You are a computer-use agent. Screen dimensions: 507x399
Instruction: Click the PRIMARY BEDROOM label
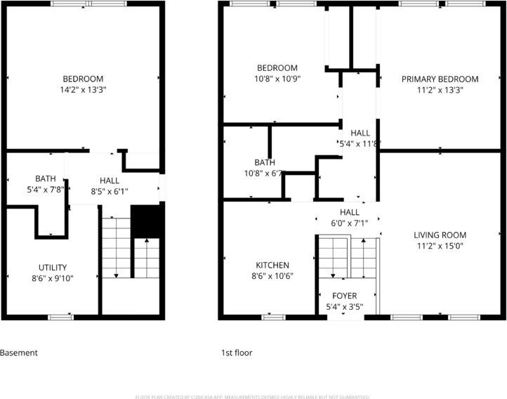[440, 79]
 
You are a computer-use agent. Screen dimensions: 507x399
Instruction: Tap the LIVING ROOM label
[440, 235]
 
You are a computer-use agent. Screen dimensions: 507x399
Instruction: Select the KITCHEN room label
[272, 265]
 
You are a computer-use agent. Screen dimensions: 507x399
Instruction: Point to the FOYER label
[345, 296]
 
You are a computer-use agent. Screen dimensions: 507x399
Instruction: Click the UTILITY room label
[53, 268]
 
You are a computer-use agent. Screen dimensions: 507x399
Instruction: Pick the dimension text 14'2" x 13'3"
[83, 90]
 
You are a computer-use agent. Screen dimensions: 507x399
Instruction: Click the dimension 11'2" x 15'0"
[440, 246]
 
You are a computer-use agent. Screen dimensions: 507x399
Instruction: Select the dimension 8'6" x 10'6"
[272, 276]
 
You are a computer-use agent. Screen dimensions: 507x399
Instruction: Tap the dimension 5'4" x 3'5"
[345, 306]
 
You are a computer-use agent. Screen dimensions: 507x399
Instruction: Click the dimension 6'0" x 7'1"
[350, 223]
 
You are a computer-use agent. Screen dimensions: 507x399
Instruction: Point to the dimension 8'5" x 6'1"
[110, 191]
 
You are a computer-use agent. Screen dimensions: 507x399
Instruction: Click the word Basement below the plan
[19, 353]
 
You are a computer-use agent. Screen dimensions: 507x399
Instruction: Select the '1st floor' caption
[237, 353]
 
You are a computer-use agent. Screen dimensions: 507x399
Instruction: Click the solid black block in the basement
[145, 221]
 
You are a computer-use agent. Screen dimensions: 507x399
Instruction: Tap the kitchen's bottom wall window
[273, 318]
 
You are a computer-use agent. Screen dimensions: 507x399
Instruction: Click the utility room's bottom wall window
[61, 318]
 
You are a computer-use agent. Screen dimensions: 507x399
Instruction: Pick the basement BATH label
[45, 178]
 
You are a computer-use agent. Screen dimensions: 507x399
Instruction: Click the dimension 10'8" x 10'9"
[277, 79]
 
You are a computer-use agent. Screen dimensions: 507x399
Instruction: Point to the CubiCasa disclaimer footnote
[253, 397]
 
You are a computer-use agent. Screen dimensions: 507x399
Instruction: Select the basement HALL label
[110, 181]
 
